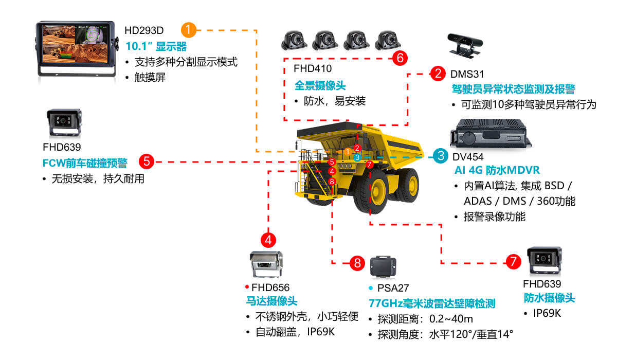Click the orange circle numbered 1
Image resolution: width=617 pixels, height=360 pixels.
190,30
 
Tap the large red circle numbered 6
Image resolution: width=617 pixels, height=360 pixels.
400,58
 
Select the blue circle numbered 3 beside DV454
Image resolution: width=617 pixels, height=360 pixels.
440,156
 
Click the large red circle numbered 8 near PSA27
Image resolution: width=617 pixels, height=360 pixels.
357,263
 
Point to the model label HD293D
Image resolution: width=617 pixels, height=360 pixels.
144,30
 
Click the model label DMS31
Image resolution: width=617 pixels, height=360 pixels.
467,75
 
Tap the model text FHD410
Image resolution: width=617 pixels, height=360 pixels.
313,68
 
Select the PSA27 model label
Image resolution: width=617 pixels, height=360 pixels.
393,288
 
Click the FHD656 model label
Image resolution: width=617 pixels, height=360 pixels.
270,287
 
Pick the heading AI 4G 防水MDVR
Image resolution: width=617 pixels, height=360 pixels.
497,170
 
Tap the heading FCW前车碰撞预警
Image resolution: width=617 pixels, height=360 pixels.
84,163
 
